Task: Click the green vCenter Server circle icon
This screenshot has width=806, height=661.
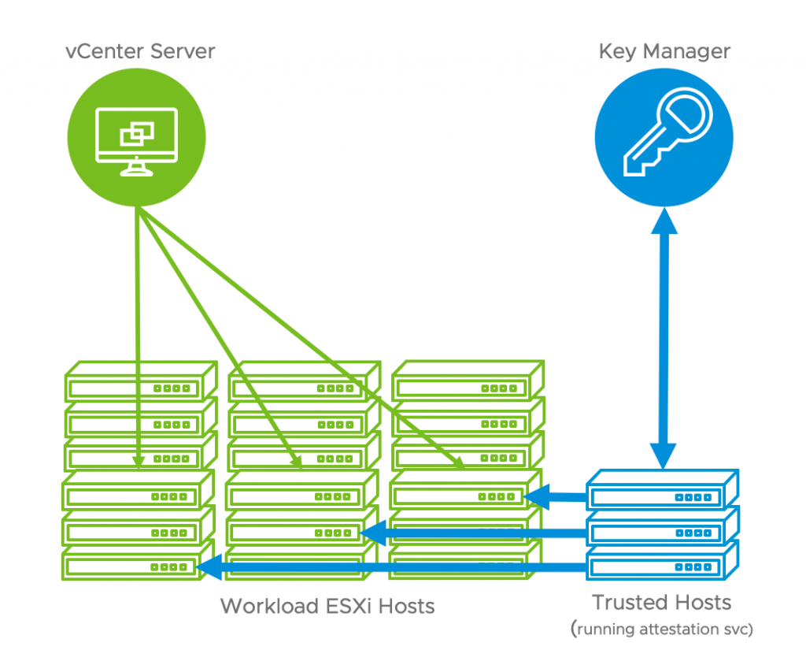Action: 137,140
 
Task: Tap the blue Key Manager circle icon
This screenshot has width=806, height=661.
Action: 664,139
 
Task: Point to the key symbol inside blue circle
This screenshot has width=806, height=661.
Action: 666,138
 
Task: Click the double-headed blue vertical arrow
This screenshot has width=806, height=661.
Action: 664,339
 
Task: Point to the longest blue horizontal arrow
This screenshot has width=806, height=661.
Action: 394,566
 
